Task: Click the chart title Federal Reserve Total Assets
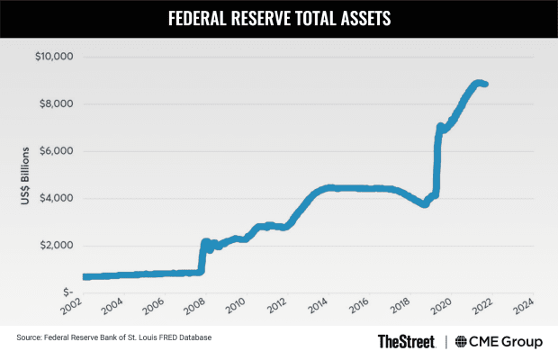[x=279, y=16]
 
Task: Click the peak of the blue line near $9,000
[x=478, y=83]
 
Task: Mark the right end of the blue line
[x=486, y=85]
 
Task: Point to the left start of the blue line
[x=85, y=276]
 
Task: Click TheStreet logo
[x=407, y=341]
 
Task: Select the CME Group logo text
[x=508, y=341]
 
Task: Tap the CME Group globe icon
[x=463, y=341]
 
